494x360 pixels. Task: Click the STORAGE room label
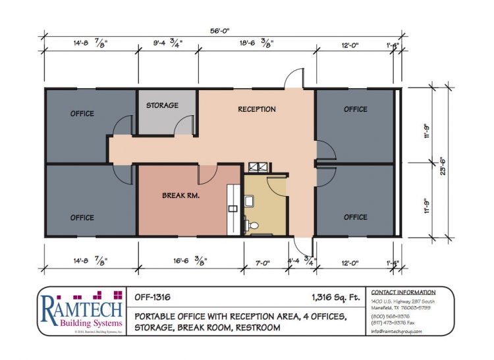[x=162, y=105]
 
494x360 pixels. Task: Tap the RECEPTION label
[x=257, y=109]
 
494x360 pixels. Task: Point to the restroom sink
[x=250, y=199]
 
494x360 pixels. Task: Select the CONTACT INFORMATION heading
[x=403, y=292]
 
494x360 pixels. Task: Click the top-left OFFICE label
[x=82, y=113]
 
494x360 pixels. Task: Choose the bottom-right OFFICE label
[x=355, y=217]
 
